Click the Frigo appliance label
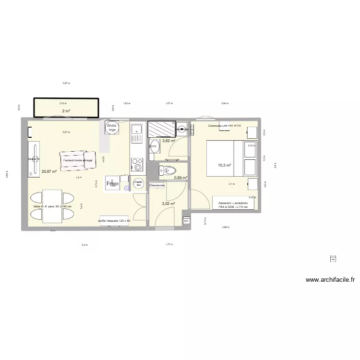point(112,183)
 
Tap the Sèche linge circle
point(112,128)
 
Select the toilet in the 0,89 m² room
point(168,170)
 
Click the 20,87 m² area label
point(49,171)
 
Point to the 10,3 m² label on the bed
point(225,165)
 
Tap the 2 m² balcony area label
point(65,111)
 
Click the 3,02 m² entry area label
point(168,204)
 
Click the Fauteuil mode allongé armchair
point(79,160)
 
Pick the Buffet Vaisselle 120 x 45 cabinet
point(114,221)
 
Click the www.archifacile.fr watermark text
point(329,280)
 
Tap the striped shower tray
point(162,129)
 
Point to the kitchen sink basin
point(136,130)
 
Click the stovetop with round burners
point(137,164)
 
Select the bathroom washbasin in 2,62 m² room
point(154,147)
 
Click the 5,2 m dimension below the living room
point(84,245)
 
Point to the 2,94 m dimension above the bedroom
point(225,103)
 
